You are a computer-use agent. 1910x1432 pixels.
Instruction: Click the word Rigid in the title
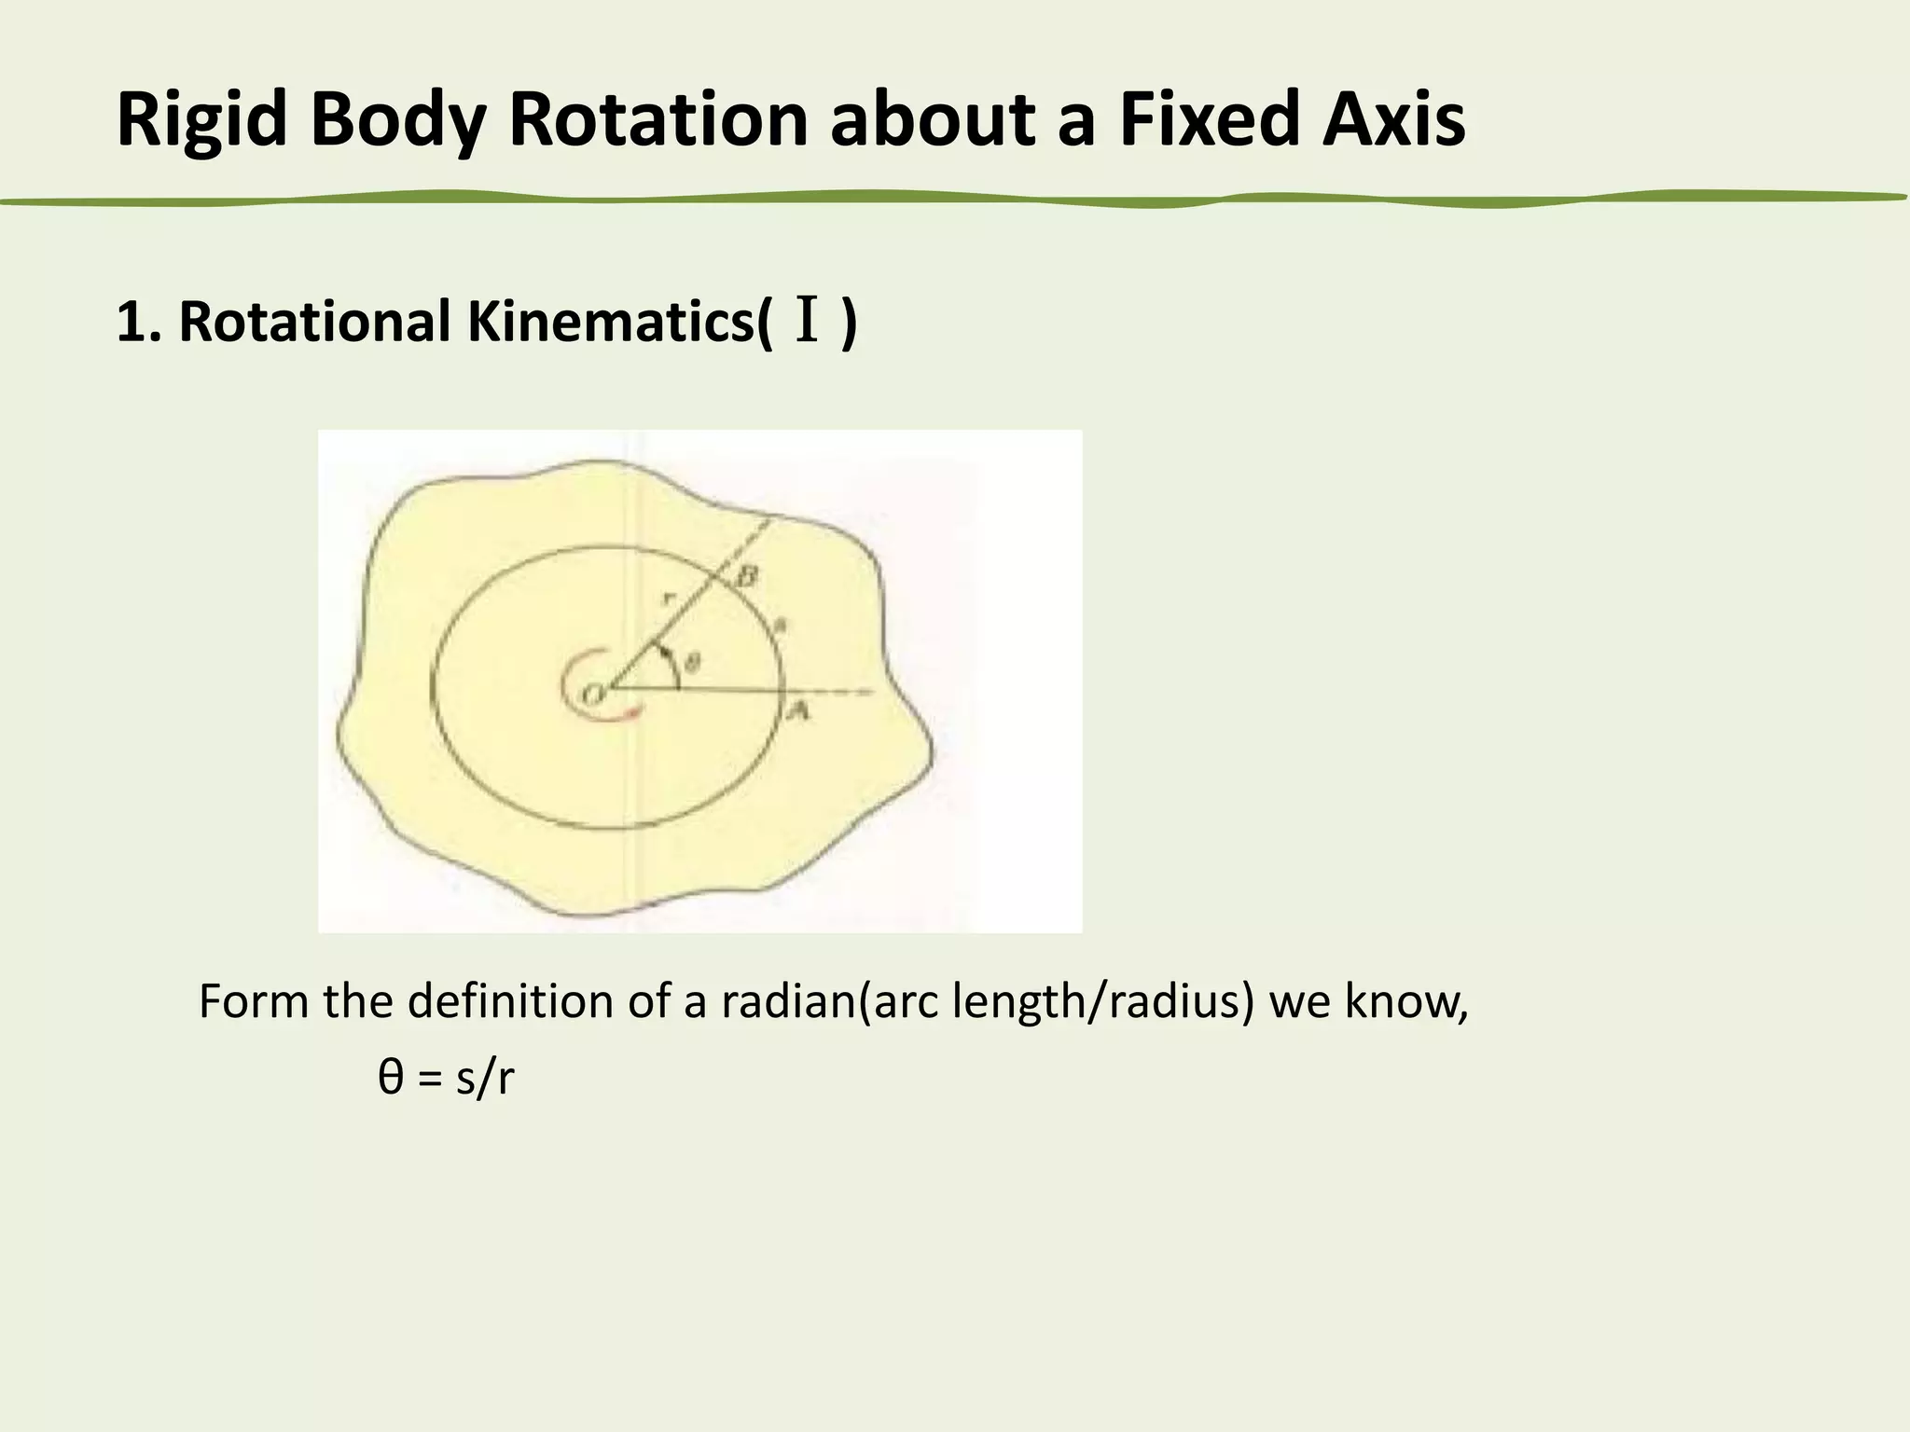tap(201, 120)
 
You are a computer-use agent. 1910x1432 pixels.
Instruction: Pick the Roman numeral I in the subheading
tap(808, 322)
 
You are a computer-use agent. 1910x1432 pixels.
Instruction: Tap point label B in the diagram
tap(746, 577)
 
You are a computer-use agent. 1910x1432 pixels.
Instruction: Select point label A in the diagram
tap(797, 712)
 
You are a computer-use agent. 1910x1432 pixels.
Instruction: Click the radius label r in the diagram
tap(666, 599)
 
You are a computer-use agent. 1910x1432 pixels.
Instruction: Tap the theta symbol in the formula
tap(391, 1079)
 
